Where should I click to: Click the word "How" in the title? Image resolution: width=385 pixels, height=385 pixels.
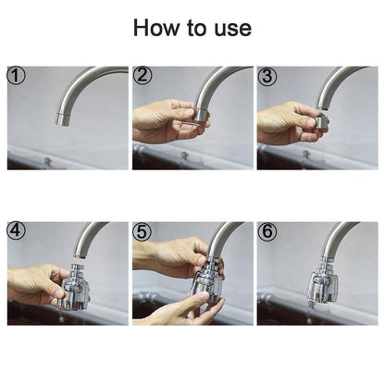click(x=156, y=28)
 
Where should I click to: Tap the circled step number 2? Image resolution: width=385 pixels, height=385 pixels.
click(x=143, y=76)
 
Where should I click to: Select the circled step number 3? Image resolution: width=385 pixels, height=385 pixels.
click(x=268, y=76)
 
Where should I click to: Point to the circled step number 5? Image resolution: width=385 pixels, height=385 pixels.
click(x=143, y=231)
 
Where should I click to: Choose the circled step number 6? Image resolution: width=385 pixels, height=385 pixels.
click(x=268, y=231)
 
